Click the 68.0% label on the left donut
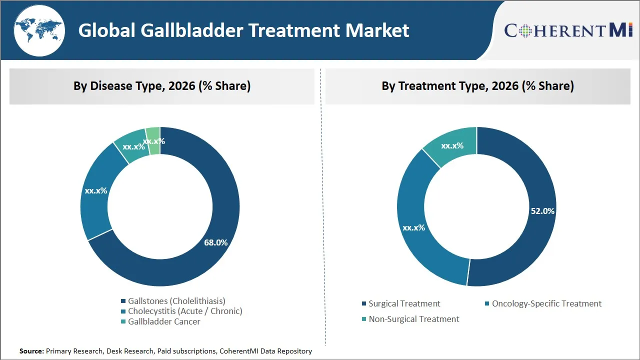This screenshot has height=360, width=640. (x=215, y=242)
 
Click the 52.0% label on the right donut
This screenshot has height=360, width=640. (x=542, y=211)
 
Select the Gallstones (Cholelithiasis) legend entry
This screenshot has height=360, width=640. (x=176, y=301)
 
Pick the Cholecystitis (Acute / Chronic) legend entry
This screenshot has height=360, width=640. (x=184, y=311)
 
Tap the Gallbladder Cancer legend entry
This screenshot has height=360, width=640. (x=164, y=321)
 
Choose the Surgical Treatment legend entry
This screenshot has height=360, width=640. (x=404, y=303)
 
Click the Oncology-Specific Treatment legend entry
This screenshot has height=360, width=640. (x=546, y=303)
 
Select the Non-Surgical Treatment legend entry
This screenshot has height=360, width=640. (x=413, y=319)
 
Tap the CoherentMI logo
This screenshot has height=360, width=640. (x=568, y=30)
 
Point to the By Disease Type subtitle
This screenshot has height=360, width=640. (x=162, y=86)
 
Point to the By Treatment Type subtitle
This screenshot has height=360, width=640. (x=477, y=86)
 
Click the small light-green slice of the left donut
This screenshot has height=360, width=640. (x=153, y=134)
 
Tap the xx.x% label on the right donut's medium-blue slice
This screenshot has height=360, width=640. (x=413, y=227)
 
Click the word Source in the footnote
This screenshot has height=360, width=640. (x=31, y=351)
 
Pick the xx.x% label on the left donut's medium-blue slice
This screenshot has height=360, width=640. (x=96, y=190)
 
